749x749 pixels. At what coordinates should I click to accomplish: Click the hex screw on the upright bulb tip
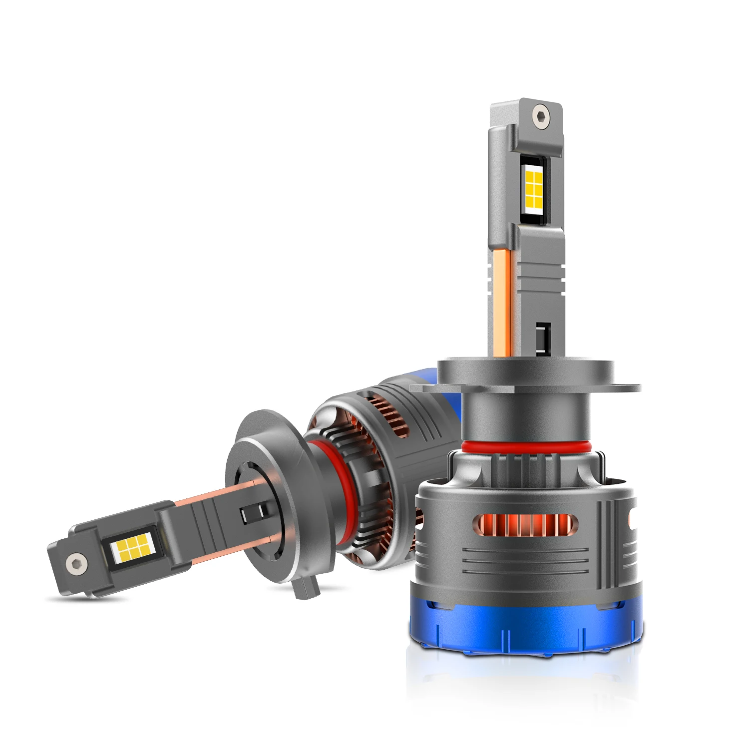540,116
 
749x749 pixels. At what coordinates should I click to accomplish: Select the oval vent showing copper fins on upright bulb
525,524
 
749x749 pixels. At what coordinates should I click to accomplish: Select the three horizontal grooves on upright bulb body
524,562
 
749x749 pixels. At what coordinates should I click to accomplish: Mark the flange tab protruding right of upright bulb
627,387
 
